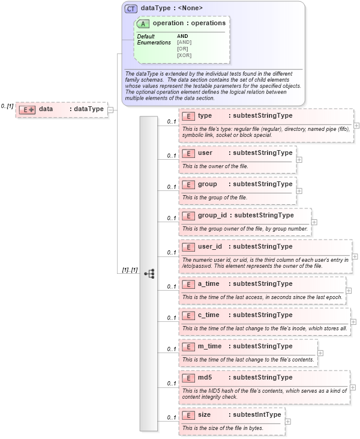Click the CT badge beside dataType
click(131, 8)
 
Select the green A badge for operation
click(143, 23)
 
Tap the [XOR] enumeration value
click(184, 55)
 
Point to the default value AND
click(182, 36)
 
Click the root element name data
click(46, 109)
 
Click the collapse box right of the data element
click(111, 109)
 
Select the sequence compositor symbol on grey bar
click(149, 273)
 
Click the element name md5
click(205, 377)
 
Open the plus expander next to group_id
click(314, 222)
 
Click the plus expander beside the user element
click(299, 159)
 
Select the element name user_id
click(210, 246)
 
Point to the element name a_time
click(208, 283)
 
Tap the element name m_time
click(209, 346)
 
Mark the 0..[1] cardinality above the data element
click(7, 106)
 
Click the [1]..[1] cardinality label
click(130, 270)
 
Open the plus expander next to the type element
click(356, 126)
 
